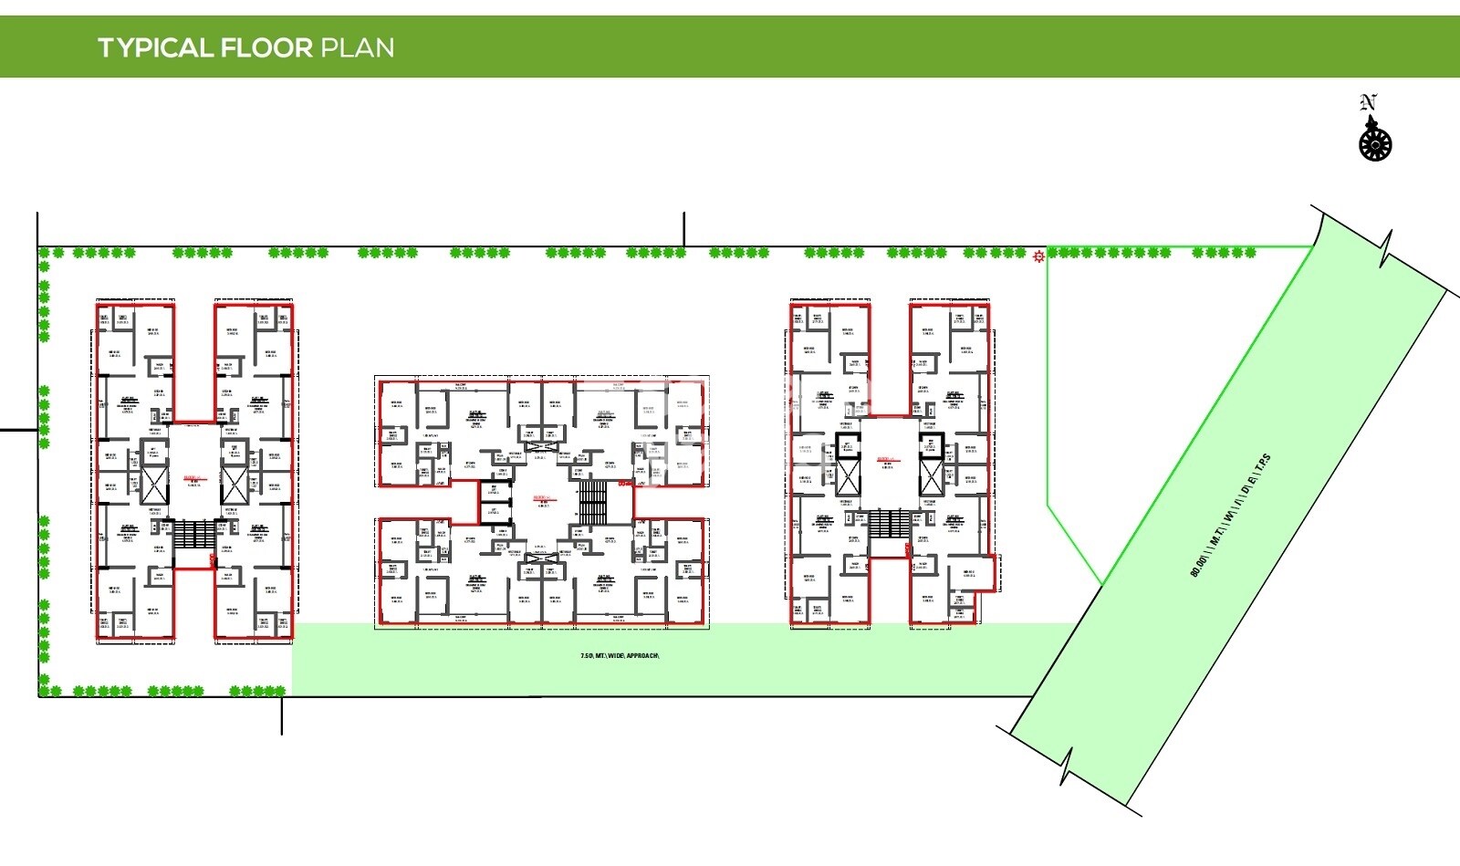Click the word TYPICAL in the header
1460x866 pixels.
(x=155, y=47)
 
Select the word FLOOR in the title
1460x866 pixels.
(x=266, y=47)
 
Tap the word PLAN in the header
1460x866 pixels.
(x=357, y=47)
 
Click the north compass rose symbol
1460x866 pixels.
(x=1375, y=143)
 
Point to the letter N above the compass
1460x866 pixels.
(x=1367, y=102)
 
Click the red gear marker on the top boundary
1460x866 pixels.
(x=1038, y=257)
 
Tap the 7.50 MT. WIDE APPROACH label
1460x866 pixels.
(x=620, y=656)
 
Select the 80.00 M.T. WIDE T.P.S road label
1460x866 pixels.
(x=1230, y=516)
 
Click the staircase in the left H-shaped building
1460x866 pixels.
(x=194, y=534)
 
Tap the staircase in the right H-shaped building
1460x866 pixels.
(x=889, y=523)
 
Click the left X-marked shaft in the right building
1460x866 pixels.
(x=849, y=476)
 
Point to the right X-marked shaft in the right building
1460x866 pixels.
(x=930, y=476)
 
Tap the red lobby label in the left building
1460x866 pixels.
(x=193, y=477)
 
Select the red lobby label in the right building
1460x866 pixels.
(x=885, y=459)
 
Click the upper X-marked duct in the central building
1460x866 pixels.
(x=541, y=434)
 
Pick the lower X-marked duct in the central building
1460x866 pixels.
(x=541, y=558)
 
